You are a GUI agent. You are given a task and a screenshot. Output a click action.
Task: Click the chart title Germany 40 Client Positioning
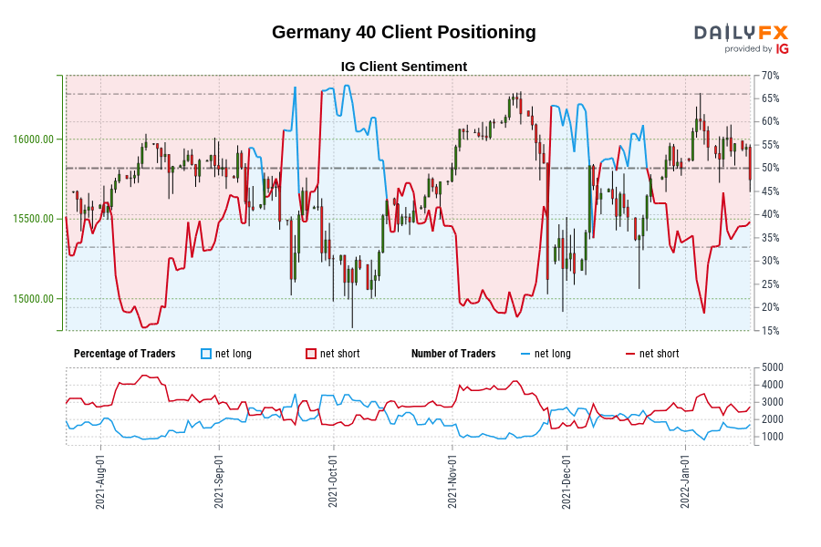(403, 33)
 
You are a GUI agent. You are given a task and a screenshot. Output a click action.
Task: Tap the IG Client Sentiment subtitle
(403, 67)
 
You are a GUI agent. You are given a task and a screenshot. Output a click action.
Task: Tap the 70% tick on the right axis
(770, 75)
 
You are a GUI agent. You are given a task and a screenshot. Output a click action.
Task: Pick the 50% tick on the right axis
(770, 168)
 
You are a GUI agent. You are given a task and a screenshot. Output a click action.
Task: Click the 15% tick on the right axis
(770, 330)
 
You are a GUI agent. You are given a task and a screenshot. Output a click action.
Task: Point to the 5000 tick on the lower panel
(773, 367)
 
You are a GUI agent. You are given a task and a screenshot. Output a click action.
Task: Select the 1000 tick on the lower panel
(773, 437)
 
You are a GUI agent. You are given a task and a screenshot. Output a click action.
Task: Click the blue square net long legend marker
(206, 354)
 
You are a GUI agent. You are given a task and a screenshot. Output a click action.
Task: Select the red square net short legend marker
(311, 354)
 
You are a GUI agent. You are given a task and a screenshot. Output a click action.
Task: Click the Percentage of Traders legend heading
(125, 354)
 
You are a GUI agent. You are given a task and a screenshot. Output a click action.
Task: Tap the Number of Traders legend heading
(453, 354)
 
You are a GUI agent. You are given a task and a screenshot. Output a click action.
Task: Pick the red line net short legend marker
(630, 354)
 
